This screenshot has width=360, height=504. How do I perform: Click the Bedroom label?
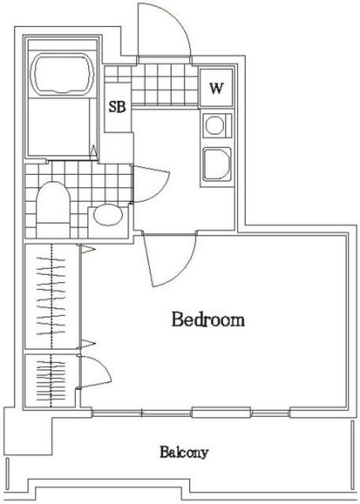tap(208, 321)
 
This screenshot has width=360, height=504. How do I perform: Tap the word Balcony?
tap(184, 453)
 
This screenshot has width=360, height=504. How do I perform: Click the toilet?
tap(53, 206)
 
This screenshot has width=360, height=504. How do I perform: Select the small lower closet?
tap(51, 380)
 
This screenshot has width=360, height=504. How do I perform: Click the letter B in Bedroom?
tap(177, 321)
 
